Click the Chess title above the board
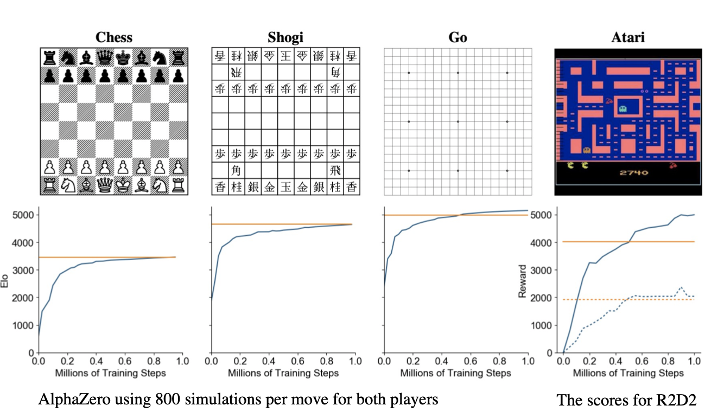click(114, 37)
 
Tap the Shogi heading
click(285, 37)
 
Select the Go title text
click(458, 37)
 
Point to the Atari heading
click(627, 37)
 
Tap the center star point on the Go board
click(458, 121)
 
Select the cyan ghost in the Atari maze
click(623, 109)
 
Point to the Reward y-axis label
click(523, 281)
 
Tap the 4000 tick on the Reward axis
click(545, 242)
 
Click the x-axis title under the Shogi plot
click(283, 373)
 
